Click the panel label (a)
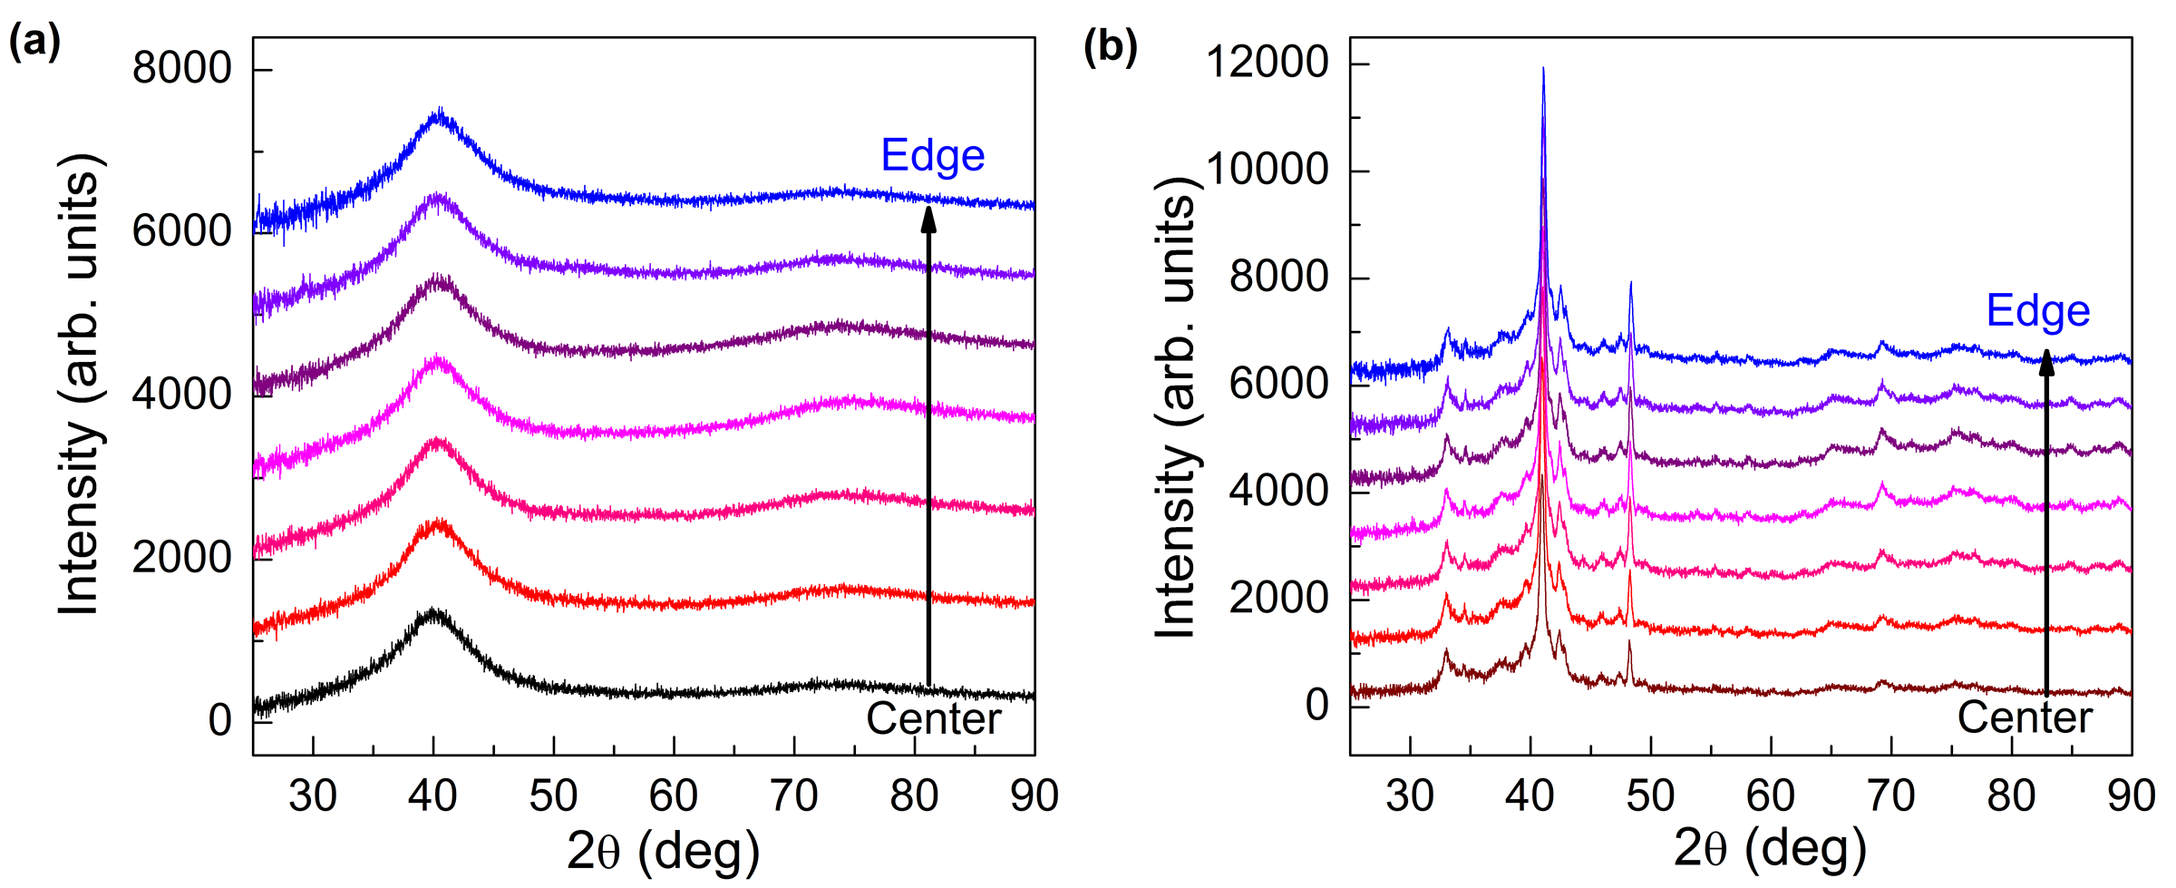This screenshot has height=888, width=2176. (x=34, y=43)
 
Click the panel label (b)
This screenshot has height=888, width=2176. (x=1110, y=47)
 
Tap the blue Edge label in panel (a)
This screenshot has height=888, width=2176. (x=932, y=156)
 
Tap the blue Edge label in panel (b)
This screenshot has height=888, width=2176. (x=2037, y=311)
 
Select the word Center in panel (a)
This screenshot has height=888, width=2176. (x=933, y=719)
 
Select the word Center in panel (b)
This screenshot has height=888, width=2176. (x=2024, y=718)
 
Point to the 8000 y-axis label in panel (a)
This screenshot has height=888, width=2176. (x=181, y=69)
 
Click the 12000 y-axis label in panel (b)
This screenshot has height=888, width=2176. (x=1267, y=63)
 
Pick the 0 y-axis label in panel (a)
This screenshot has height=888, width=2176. (x=220, y=720)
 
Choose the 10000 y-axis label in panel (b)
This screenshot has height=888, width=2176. (x=1267, y=170)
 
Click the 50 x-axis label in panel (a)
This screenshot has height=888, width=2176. (x=553, y=796)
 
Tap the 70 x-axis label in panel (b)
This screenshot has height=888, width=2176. (x=1890, y=796)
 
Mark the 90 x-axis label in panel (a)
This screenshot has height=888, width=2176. (x=1034, y=796)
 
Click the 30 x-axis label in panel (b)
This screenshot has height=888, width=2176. (x=1410, y=796)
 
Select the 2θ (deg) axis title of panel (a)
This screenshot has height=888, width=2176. (x=663, y=852)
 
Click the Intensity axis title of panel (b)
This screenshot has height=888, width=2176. (x=1176, y=408)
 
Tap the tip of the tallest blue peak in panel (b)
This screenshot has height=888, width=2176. (x=1543, y=69)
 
